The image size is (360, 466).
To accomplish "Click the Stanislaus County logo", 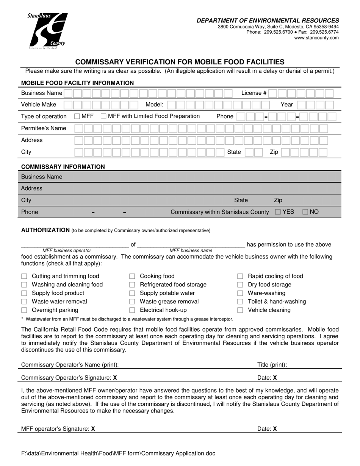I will pos(48,31).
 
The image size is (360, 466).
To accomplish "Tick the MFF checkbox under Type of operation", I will pos(77,116).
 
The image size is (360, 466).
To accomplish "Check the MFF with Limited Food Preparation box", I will pos(103,116).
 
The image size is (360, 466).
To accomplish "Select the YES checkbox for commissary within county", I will pos(278,212).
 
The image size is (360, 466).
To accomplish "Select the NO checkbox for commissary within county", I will pos(305,212).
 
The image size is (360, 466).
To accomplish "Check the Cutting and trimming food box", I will pos(24,276).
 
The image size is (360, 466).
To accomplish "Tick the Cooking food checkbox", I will pos(132,276).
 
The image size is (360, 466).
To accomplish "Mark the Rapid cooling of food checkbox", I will pos(240,276).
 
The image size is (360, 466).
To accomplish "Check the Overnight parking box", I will pos(24,310).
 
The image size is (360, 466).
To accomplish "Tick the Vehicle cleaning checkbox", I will pos(240,310).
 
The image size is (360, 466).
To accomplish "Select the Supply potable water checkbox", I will pos(132,293).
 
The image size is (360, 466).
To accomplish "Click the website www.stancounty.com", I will pos(316,38).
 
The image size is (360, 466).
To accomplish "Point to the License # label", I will pos(254,93).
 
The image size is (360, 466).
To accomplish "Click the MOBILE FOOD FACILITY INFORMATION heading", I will pos(77,83).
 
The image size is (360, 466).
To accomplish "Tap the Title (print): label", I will pos(272,365).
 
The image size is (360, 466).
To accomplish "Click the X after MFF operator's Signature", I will pos(93,429).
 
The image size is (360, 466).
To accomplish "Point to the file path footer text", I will pos(118,453).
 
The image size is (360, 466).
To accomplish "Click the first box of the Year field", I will pos(302,105).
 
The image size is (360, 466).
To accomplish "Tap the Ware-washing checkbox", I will pos(240,293).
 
